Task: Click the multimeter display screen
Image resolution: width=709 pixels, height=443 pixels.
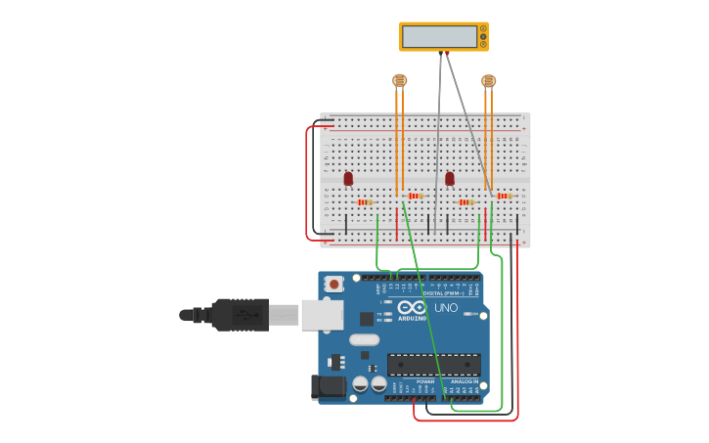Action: tap(439, 36)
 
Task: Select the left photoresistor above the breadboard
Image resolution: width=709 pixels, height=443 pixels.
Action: tap(399, 80)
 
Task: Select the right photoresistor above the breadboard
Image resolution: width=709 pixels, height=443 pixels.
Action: tap(488, 80)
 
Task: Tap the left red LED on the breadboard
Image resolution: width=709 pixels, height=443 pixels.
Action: tap(348, 178)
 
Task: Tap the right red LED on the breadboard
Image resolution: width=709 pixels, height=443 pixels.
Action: tap(450, 178)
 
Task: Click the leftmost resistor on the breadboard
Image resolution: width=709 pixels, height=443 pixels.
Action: tap(365, 202)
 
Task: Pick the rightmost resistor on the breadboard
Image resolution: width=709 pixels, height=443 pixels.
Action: tap(503, 196)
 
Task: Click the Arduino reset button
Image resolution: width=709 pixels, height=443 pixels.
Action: tap(334, 285)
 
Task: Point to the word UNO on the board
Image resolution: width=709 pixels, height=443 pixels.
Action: tap(446, 309)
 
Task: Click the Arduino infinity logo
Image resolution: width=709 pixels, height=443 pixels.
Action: tap(413, 307)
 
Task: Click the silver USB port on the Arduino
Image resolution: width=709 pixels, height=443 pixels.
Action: tap(322, 314)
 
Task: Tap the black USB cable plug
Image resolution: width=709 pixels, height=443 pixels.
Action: tap(240, 315)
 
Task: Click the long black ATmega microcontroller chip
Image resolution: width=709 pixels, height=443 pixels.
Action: tap(433, 365)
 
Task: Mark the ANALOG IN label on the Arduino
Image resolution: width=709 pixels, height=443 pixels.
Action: tap(464, 381)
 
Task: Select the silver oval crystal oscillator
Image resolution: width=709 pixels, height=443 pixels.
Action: tap(363, 340)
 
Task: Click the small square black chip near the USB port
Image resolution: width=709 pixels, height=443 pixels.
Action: tap(366, 319)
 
